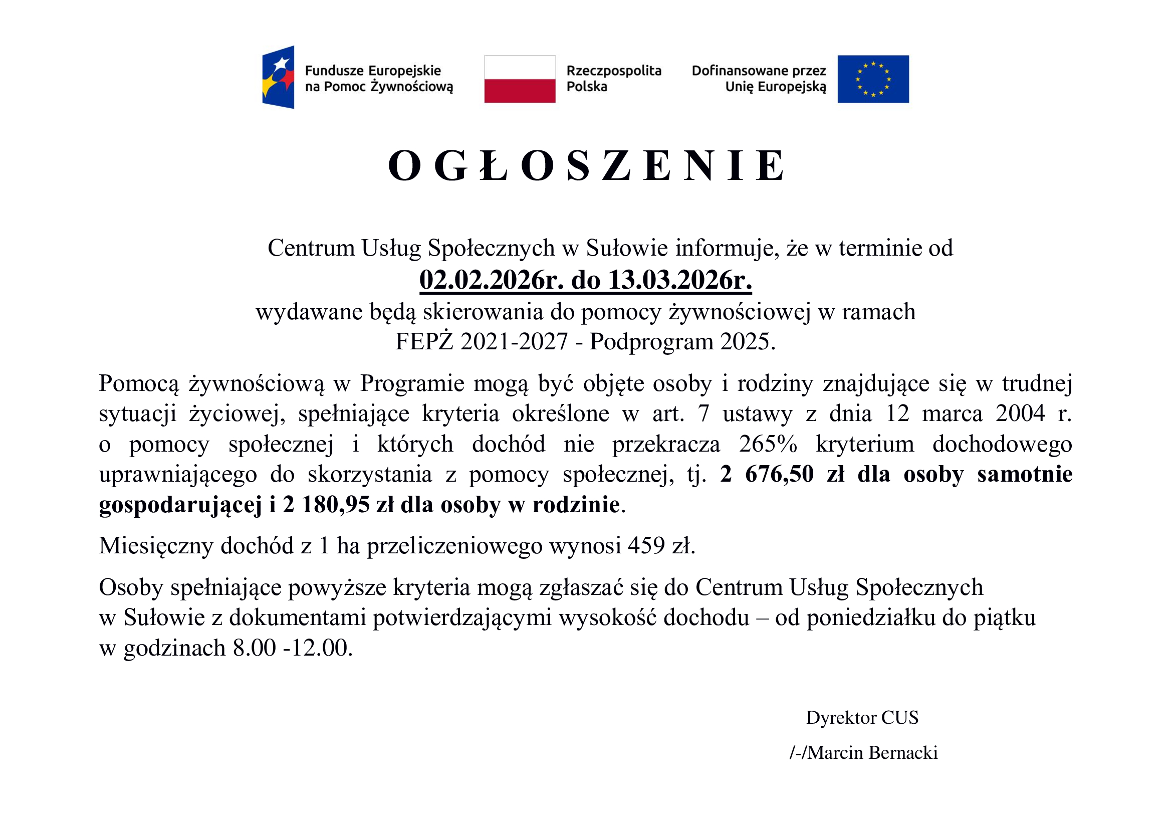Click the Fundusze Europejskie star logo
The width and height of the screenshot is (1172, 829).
coord(278,77)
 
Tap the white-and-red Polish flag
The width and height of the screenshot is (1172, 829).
coord(520,79)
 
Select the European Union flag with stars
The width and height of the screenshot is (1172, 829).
coord(873,79)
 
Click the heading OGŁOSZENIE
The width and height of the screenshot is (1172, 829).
coord(586,165)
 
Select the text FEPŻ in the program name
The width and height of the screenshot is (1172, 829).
coord(424,341)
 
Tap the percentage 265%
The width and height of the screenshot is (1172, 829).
coord(768,444)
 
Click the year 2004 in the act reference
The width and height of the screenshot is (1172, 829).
coord(1020,413)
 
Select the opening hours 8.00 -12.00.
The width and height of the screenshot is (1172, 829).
coord(293,648)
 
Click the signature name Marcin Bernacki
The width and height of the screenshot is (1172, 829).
coord(872,752)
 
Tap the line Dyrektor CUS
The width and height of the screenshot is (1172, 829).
coord(862,718)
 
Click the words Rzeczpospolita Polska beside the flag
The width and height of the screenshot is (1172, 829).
coord(614,79)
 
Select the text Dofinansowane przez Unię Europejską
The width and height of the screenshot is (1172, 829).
coord(759,79)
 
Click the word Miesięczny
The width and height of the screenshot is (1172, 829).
coord(156,546)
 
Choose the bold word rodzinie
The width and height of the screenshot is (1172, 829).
coord(576,505)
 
